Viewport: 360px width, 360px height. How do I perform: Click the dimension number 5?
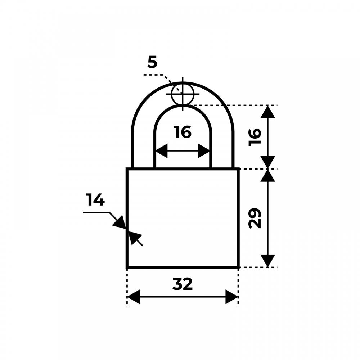pyautogui.click(x=152, y=62)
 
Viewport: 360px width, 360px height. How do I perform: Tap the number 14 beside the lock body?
pyautogui.click(x=95, y=199)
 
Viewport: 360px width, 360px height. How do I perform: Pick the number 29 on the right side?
pyautogui.click(x=255, y=218)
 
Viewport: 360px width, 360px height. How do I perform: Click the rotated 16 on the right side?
pyautogui.click(x=255, y=137)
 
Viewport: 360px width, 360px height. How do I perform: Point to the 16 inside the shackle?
pyautogui.click(x=183, y=132)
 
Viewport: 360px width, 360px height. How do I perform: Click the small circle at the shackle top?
pyautogui.click(x=183, y=94)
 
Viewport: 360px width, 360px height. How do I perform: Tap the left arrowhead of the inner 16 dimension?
pyautogui.click(x=161, y=151)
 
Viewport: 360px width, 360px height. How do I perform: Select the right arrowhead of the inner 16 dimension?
pyautogui.click(x=204, y=151)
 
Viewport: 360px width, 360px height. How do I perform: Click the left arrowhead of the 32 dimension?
pyautogui.click(x=134, y=297)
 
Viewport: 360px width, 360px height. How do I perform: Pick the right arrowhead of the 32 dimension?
pyautogui.click(x=231, y=297)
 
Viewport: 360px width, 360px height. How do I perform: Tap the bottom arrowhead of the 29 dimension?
pyautogui.click(x=267, y=261)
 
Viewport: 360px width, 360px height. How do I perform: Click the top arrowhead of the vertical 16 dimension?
pyautogui.click(x=267, y=112)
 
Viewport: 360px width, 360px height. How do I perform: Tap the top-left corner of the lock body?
pyautogui.click(x=127, y=169)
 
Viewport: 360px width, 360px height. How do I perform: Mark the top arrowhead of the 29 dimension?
pyautogui.click(x=267, y=175)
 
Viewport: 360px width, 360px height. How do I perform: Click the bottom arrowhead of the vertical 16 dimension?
pyautogui.click(x=267, y=162)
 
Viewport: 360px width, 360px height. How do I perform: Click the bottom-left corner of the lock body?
pyautogui.click(x=127, y=267)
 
